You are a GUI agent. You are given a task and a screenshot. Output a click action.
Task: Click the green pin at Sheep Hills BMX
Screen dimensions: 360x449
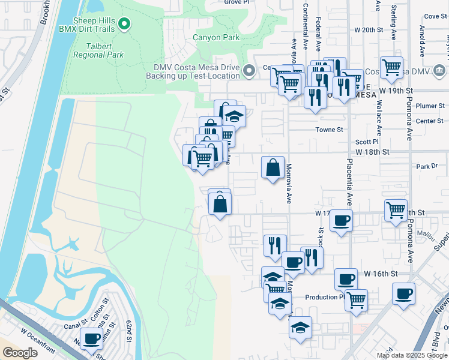(124, 25)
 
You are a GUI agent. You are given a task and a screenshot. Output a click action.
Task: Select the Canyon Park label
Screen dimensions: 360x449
(216, 37)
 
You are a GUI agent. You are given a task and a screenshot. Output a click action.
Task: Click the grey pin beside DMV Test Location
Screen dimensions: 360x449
(249, 75)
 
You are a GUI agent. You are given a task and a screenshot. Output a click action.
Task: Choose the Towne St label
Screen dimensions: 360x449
(330, 129)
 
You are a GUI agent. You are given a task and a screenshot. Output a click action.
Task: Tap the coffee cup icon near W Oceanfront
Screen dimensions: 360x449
(92, 338)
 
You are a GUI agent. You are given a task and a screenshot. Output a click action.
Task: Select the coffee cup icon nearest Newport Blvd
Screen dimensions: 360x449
(404, 293)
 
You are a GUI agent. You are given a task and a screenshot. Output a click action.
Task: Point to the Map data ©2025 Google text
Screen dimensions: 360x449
(411, 355)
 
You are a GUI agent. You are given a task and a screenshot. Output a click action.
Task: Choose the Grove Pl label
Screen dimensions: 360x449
(237, 2)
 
